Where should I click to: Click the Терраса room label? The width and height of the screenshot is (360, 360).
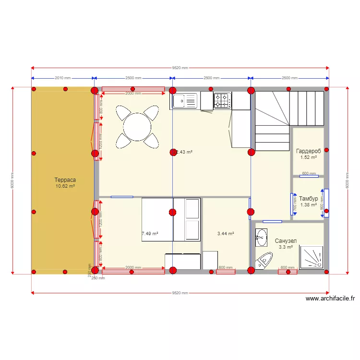point(65,180)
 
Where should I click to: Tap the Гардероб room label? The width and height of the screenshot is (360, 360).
point(308,150)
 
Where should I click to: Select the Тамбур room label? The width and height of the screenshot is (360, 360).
point(308,198)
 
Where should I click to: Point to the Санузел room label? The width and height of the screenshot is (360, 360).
point(286,241)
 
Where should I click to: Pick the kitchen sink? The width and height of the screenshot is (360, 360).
point(184,101)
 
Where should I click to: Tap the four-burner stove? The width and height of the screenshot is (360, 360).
point(222,100)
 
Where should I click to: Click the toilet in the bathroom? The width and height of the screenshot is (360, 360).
point(264,261)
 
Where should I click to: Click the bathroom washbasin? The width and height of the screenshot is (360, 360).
point(261,237)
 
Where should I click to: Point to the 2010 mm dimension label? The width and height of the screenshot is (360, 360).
point(62,78)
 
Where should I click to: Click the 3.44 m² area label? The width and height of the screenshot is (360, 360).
point(225,234)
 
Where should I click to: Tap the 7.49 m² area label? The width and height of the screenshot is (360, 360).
point(150,234)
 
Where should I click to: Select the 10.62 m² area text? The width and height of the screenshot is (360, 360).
point(65,186)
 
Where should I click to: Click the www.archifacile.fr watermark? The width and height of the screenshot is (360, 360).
point(330,299)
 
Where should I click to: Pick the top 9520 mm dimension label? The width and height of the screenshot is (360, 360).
point(180,68)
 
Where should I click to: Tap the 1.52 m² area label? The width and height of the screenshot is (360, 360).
point(308,157)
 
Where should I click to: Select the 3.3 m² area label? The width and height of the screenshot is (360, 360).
point(286,248)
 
